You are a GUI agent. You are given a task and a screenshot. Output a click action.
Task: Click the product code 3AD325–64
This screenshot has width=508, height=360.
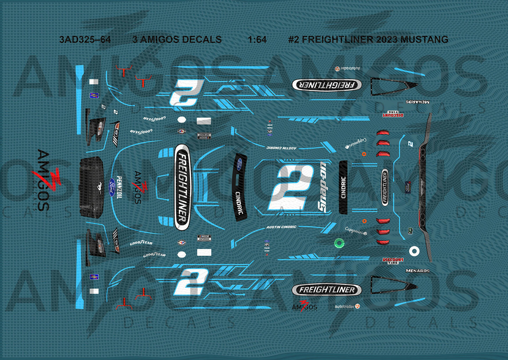pyautogui.click(x=85, y=40)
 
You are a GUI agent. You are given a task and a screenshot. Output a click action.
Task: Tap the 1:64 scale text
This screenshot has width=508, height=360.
pyautogui.click(x=257, y=40)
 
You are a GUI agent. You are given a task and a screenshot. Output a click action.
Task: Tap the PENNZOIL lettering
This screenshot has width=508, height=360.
pyautogui.click(x=119, y=188)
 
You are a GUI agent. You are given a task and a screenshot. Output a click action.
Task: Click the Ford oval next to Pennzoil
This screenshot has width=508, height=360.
pyautogui.click(x=111, y=188)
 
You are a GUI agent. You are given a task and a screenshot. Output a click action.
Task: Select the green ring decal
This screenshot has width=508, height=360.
pyautogui.click(x=339, y=243)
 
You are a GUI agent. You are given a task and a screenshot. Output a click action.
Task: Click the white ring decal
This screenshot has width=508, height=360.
pyautogui.click(x=414, y=251)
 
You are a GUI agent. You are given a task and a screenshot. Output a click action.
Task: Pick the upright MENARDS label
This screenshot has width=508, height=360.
pyautogui.click(x=417, y=271)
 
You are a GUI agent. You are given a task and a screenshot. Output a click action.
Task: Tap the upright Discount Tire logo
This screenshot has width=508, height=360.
pyautogui.click(x=393, y=261)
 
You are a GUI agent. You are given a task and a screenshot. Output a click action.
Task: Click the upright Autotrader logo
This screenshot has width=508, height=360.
pyautogui.click(x=347, y=307)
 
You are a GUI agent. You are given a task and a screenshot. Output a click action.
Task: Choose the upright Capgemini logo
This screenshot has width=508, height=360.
pyautogui.click(x=356, y=230)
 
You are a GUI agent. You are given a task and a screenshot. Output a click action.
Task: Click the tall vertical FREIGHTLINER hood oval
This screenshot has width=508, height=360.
pyautogui.click(x=182, y=188)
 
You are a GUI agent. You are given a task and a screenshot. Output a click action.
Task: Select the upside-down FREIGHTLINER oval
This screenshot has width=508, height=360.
pyautogui.click(x=327, y=85)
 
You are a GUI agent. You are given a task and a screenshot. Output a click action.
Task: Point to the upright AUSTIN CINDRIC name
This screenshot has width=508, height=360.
pyautogui.click(x=281, y=227)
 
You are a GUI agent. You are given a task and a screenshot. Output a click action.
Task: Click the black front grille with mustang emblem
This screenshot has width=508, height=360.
pyautogui.click(x=91, y=187)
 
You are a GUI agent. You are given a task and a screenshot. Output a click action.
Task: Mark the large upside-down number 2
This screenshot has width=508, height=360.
pyautogui.click(x=186, y=92)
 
